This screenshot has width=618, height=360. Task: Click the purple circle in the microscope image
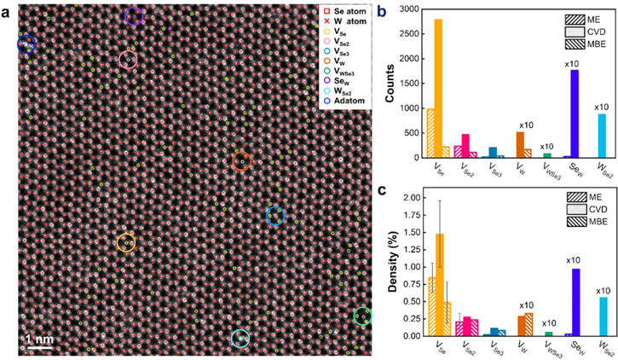click(132, 15)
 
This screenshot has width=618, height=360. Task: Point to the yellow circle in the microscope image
click(125, 243)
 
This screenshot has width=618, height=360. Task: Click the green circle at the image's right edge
click(362, 316)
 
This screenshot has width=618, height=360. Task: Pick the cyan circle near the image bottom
click(240, 338)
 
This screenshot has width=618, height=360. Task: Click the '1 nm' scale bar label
click(39, 340)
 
